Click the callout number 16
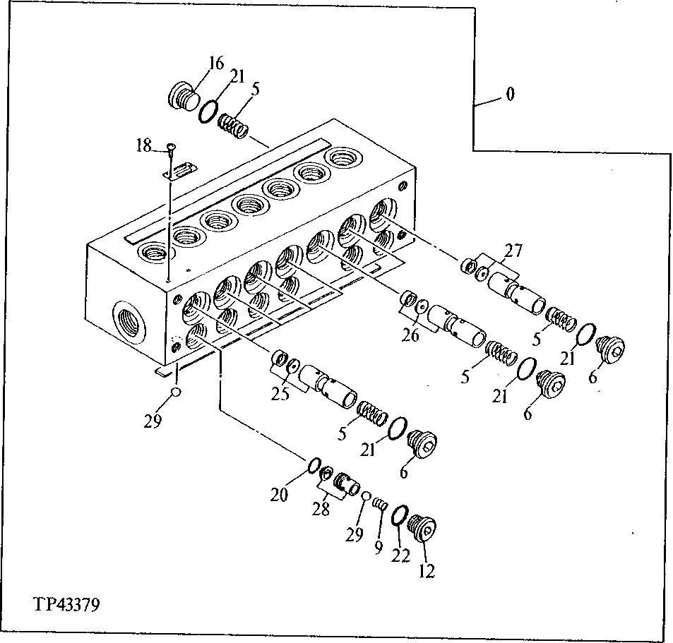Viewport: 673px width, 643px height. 215,63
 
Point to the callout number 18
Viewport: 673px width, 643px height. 143,145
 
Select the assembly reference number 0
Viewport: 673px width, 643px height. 510,94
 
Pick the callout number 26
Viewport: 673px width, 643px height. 410,335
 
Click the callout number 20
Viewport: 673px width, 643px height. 278,495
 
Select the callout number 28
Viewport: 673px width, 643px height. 321,509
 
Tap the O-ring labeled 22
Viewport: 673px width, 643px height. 398,515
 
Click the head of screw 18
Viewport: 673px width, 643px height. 171,147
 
